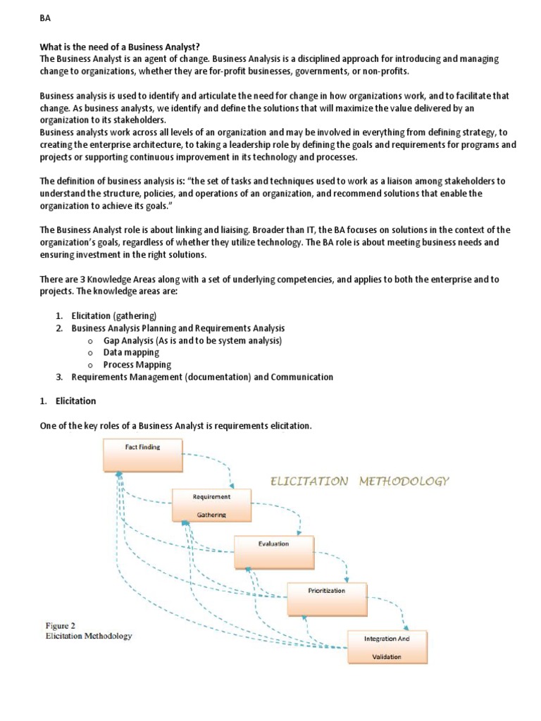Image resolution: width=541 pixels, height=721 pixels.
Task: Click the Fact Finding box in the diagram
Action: [143, 455]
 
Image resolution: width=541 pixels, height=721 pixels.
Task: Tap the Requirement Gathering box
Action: [211, 506]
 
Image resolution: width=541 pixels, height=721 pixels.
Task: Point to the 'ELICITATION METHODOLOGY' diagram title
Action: [359, 482]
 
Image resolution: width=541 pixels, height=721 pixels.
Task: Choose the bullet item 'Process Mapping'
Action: [137, 365]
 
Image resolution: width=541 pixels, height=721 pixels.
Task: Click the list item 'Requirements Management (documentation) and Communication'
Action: [202, 377]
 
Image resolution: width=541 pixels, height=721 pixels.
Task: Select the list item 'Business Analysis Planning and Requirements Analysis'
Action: [178, 328]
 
